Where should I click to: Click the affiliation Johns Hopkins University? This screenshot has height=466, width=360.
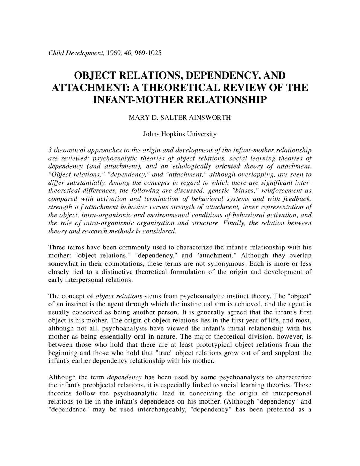pyautogui.click(x=180, y=134)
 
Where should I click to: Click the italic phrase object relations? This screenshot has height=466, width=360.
pyautogui.click(x=119, y=296)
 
